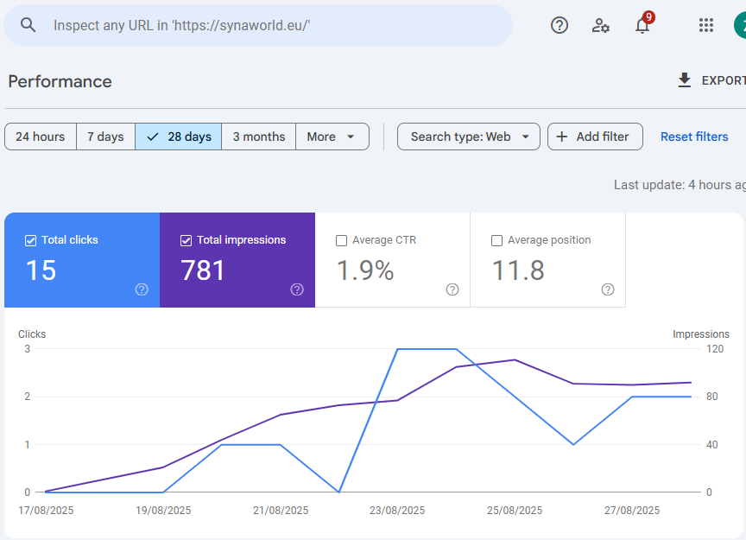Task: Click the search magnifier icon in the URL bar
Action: point(28,25)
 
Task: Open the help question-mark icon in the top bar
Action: point(559,25)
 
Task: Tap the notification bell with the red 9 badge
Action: point(642,25)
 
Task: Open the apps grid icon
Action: point(706,25)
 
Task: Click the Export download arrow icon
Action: point(685,80)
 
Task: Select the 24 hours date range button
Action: point(41,137)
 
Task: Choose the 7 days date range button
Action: point(105,137)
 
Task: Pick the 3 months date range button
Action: point(258,137)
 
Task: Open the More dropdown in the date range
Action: point(332,137)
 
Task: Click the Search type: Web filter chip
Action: point(468,137)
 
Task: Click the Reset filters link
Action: point(694,137)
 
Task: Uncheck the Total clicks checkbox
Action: point(31,240)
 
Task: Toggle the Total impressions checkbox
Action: point(186,240)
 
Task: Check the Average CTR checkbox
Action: point(341,240)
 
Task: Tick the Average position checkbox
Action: point(496,240)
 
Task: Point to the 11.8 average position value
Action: point(518,271)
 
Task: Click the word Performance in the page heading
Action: point(60,81)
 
